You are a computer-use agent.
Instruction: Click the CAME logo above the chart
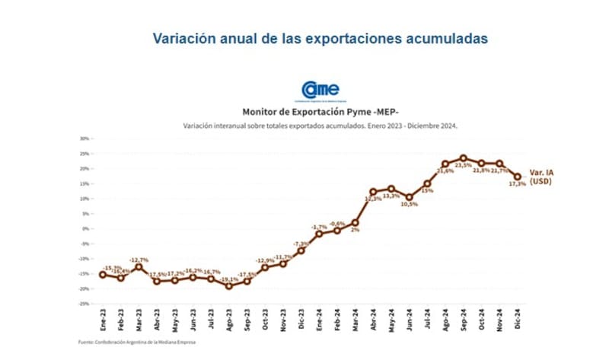320,89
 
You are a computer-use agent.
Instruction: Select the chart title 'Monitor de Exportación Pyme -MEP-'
319,110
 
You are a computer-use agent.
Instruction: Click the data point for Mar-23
139,267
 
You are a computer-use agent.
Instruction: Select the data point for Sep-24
464,158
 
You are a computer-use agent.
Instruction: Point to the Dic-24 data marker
518,177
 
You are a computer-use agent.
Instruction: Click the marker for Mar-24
355,223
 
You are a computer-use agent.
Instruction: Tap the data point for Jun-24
410,197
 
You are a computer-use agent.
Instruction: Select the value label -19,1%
228,279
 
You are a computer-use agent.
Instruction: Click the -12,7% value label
139,260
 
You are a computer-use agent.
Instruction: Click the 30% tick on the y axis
85,139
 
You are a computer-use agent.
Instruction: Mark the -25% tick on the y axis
84,303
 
